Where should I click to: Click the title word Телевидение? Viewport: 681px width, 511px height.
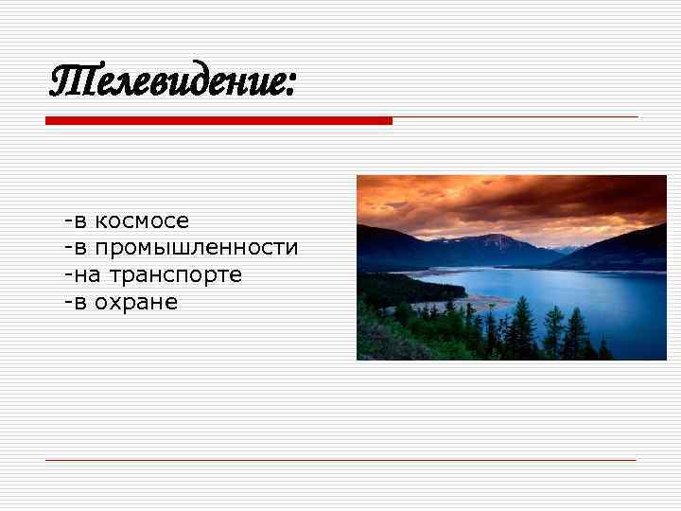pyautogui.click(x=170, y=82)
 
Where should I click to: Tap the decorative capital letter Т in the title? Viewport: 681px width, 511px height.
pyautogui.click(x=67, y=81)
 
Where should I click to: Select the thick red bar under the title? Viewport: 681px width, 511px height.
pyautogui.click(x=218, y=121)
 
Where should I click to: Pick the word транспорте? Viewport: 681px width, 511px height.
pyautogui.click(x=176, y=275)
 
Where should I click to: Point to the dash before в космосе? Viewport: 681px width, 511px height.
pyautogui.click(x=67, y=221)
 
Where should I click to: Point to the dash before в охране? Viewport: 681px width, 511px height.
pyautogui.click(x=67, y=303)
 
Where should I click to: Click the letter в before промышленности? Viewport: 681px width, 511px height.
pyautogui.click(x=80, y=249)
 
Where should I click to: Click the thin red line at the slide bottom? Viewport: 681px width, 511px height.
pyautogui.click(x=340, y=460)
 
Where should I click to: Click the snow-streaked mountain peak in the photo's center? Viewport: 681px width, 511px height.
pyautogui.click(x=492, y=239)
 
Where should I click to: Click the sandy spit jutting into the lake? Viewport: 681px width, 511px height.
pyautogui.click(x=487, y=302)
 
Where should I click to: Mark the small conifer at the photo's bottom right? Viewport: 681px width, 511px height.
pyautogui.click(x=604, y=348)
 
